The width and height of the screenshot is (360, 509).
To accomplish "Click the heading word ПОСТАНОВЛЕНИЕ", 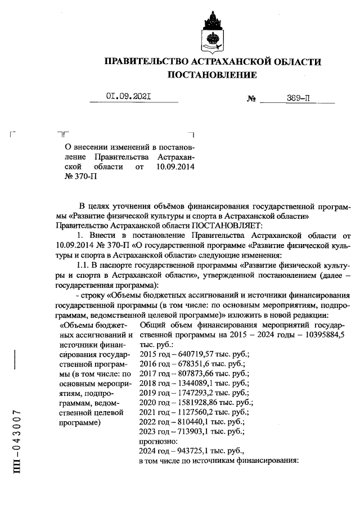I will pos(213,75).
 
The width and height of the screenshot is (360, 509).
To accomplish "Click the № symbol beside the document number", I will pos(251,99).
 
